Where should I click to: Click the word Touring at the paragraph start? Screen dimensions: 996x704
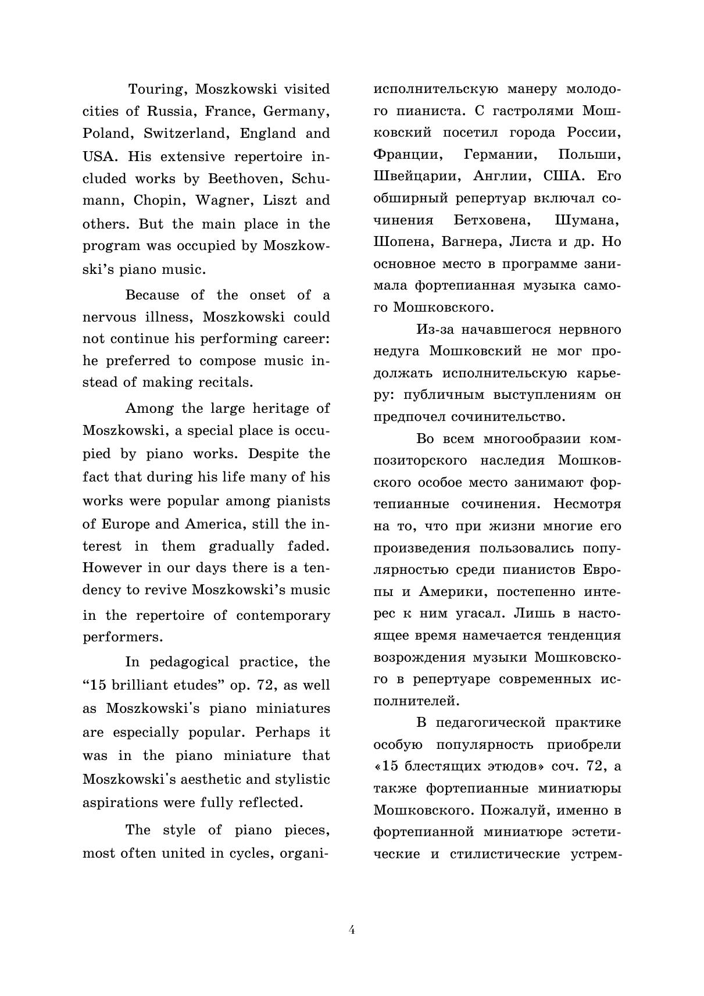click(x=156, y=90)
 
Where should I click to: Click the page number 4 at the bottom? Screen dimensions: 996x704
click(x=352, y=929)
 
